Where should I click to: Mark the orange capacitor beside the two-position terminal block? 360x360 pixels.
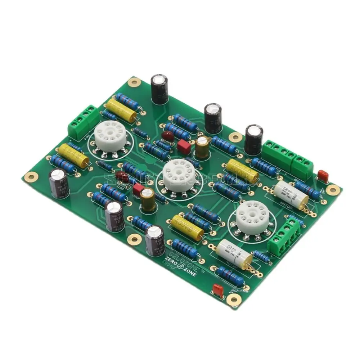(323, 176)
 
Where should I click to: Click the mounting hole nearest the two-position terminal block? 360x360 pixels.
(333, 190)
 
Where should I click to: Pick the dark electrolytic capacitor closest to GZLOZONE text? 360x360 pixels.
(155, 240)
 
